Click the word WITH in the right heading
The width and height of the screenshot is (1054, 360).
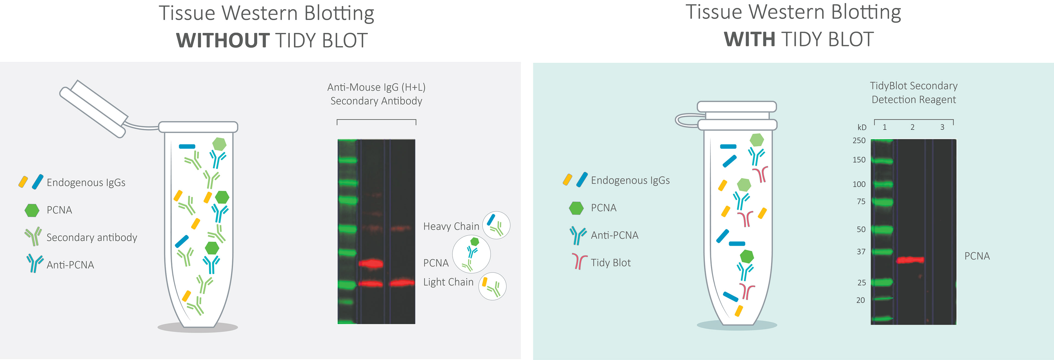[x=750, y=40]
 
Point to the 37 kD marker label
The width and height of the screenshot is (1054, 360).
[x=861, y=252]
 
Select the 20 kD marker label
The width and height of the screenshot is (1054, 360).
[x=860, y=300]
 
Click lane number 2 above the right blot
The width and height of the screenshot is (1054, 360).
[x=912, y=127]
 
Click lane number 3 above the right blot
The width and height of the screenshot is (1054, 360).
[x=942, y=127]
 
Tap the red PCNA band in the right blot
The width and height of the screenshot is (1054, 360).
[x=910, y=260]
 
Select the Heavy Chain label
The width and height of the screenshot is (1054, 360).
[x=451, y=226]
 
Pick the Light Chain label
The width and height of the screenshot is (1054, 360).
[x=448, y=282]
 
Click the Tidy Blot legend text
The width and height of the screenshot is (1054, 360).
[x=610, y=263]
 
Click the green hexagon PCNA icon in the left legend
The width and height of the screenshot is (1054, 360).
[x=32, y=210]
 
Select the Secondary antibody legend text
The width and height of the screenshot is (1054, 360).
[x=92, y=237]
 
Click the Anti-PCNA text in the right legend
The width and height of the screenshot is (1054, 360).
[x=615, y=235]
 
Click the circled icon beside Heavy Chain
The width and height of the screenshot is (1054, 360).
[x=496, y=225]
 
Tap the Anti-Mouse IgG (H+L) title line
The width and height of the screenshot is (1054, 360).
[x=376, y=87]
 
